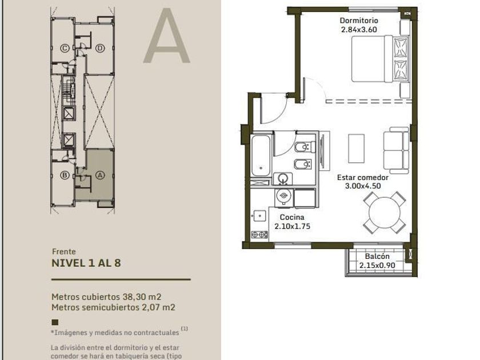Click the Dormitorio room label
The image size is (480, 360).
(359, 21)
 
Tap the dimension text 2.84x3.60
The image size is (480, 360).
(359, 30)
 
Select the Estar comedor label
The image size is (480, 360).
(363, 178)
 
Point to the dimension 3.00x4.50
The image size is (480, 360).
(363, 186)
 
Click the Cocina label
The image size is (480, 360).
(292, 217)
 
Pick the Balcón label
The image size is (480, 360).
(377, 257)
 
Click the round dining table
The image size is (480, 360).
(385, 213)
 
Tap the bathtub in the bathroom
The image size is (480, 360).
(261, 155)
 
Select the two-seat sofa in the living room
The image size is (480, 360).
(397, 150)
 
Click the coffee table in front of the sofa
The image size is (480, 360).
(357, 149)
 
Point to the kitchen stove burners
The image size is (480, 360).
(259, 235)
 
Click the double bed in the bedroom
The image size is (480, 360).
(380, 59)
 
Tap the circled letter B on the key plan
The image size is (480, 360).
(65, 175)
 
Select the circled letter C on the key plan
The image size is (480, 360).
(65, 48)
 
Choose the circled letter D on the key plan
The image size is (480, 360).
(100, 48)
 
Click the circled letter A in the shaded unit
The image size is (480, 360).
(100, 175)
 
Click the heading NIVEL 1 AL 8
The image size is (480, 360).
(86, 263)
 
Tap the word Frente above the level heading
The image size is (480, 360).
(64, 251)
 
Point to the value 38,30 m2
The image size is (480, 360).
(142, 297)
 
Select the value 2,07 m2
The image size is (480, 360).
(159, 307)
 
